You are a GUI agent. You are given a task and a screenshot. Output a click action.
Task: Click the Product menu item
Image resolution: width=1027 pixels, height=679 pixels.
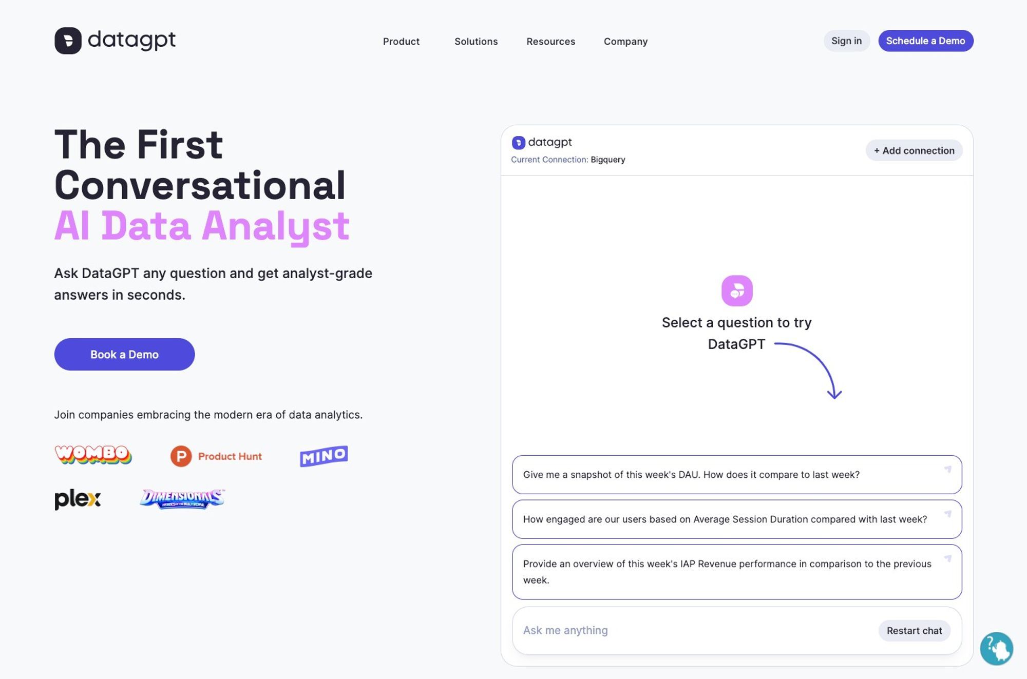click(401, 42)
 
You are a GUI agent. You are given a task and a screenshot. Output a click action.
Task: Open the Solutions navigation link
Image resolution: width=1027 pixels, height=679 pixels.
click(476, 42)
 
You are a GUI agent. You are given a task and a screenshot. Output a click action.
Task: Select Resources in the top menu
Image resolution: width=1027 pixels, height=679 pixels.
click(550, 42)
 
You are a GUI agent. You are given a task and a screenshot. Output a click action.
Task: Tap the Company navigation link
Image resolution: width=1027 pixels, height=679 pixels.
click(625, 42)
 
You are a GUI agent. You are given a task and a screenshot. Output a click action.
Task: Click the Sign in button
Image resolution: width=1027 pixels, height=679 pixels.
click(847, 41)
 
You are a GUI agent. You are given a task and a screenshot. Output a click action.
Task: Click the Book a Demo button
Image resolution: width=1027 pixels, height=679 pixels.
click(124, 354)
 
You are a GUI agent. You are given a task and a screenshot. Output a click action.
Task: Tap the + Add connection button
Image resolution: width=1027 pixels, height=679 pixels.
click(914, 150)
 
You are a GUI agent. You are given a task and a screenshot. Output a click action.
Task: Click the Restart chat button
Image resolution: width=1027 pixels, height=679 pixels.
click(914, 631)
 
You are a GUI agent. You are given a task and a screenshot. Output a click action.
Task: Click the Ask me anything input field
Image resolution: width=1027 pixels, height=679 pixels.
click(693, 630)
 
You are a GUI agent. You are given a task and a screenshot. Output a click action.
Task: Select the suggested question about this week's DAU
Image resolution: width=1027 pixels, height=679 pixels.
click(737, 475)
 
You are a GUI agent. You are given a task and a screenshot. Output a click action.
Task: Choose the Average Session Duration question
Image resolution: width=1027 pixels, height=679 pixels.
click(737, 519)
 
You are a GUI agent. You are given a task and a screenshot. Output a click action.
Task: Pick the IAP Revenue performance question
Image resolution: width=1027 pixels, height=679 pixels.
click(737, 572)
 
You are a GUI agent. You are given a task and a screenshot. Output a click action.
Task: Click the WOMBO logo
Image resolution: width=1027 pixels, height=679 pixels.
click(93, 455)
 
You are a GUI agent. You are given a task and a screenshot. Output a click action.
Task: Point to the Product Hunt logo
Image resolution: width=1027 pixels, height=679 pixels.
click(216, 456)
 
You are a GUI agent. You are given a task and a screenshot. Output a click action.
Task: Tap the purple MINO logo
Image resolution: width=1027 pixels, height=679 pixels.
click(324, 456)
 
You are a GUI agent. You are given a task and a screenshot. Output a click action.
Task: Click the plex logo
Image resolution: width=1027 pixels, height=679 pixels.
click(78, 499)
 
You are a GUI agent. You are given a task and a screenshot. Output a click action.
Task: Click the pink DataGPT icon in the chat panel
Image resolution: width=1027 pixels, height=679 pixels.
click(737, 291)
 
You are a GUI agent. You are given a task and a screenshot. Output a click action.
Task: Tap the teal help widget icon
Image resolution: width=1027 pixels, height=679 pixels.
click(996, 649)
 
